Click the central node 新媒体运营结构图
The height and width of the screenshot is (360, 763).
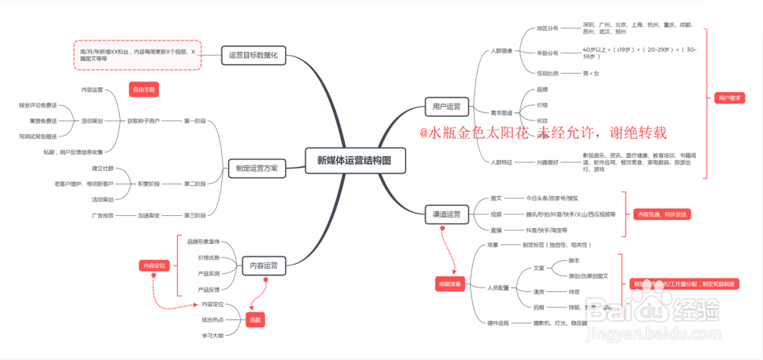point(354,160)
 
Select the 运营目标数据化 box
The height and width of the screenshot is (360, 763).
point(253,55)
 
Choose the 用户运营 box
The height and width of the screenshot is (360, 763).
point(447,105)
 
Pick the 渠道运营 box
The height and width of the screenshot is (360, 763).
point(447,214)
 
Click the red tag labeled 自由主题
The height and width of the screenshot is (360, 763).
point(143,89)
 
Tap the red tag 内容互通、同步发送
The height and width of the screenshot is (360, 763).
point(662,214)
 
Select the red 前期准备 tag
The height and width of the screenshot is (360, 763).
point(449,284)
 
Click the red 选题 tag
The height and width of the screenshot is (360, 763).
point(254,320)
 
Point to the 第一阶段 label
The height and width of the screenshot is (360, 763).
point(195,121)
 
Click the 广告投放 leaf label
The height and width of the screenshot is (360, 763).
point(103,215)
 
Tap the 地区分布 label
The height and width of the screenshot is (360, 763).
point(547,28)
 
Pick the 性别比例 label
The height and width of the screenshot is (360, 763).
point(547,73)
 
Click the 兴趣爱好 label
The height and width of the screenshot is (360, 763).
point(547,162)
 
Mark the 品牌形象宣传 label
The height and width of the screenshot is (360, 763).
point(203,242)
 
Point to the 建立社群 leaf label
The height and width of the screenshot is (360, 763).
point(103,168)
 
